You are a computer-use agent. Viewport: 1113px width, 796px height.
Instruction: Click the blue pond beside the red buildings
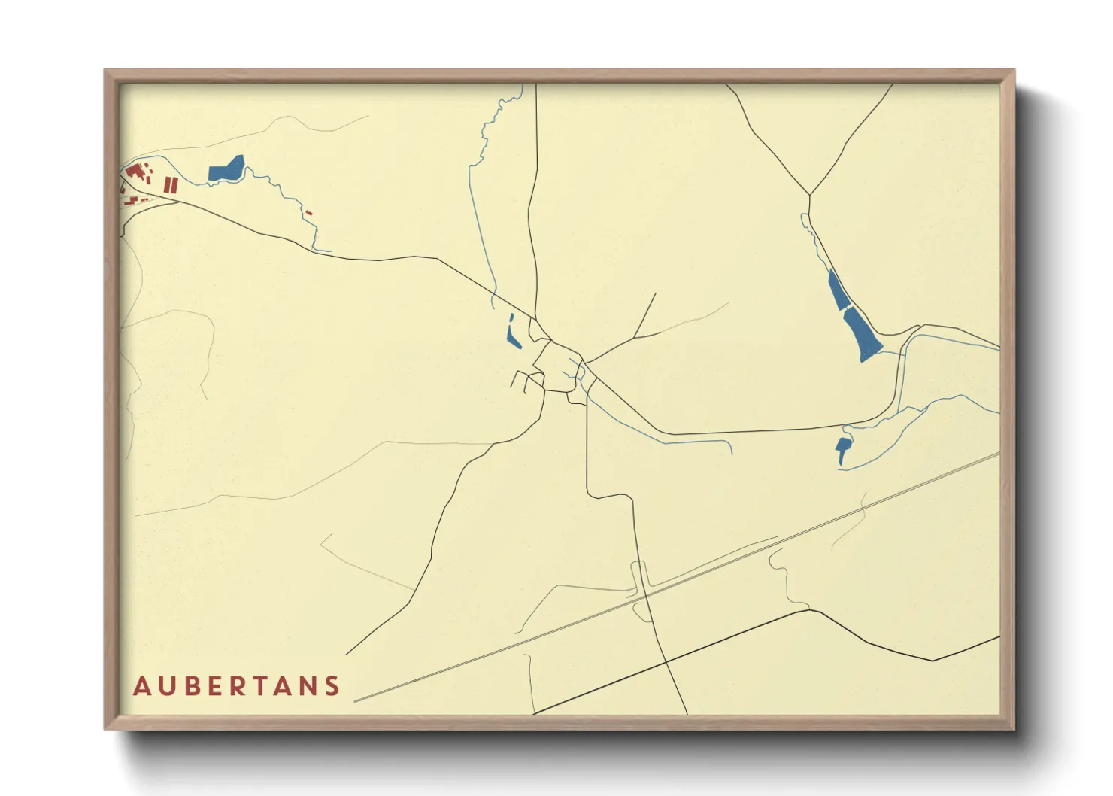pos(226,170)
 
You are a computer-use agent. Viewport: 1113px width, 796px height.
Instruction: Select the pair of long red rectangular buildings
pos(171,184)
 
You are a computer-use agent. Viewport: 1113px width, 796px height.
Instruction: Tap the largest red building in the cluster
pos(135,172)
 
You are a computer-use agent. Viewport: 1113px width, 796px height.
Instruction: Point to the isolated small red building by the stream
pos(308,213)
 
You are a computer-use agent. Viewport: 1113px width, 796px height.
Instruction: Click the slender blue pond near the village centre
pos(514,334)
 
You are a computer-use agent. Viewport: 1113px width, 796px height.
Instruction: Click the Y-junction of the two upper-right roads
pos(809,196)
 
